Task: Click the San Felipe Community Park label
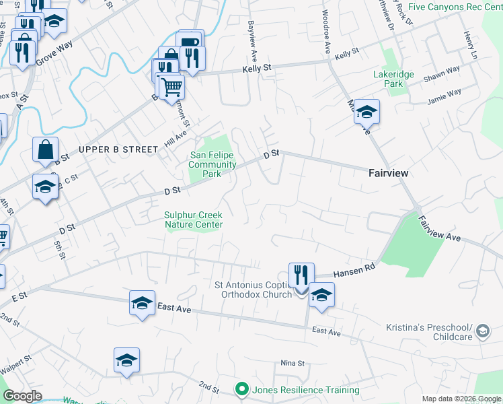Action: (x=212, y=164)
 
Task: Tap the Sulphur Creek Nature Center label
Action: (x=194, y=220)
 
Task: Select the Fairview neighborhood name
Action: (x=389, y=173)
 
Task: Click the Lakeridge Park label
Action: (x=393, y=79)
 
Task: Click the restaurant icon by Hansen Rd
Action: (x=301, y=275)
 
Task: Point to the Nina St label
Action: (x=293, y=364)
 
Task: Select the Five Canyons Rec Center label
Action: (x=455, y=7)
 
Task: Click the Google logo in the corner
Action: (x=22, y=396)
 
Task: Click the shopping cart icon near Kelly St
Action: (x=171, y=86)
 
